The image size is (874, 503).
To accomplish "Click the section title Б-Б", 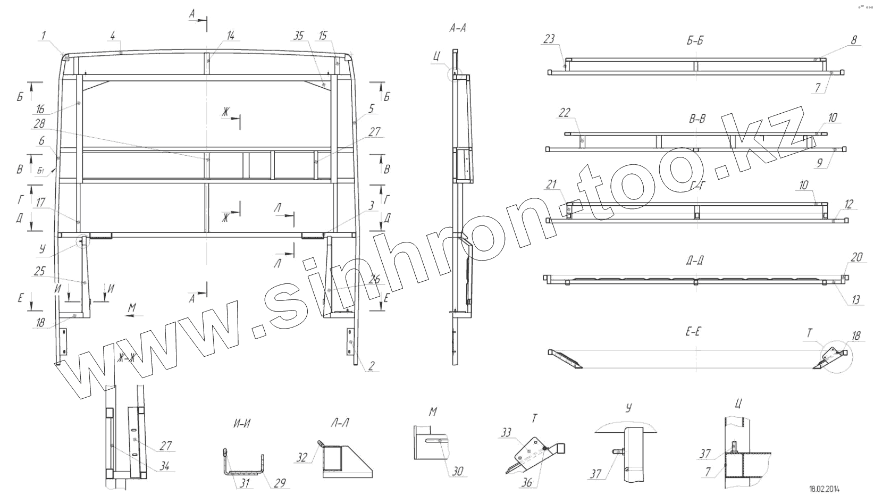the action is point(695,41).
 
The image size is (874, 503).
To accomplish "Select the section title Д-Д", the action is point(695,261).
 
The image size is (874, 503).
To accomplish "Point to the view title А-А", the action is point(458,29).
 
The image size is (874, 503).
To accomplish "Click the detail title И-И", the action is point(242,423).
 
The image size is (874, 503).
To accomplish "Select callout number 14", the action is point(230,36).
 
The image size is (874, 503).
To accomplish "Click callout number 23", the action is point(550,38).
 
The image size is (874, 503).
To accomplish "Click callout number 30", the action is point(457,471).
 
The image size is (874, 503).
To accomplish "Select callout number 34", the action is point(165,466).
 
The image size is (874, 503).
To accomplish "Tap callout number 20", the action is point(856,257).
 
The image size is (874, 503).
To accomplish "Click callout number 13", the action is point(855,300).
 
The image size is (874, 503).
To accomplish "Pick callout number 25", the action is point(39,272).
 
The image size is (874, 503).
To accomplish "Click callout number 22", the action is point(565,113).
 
